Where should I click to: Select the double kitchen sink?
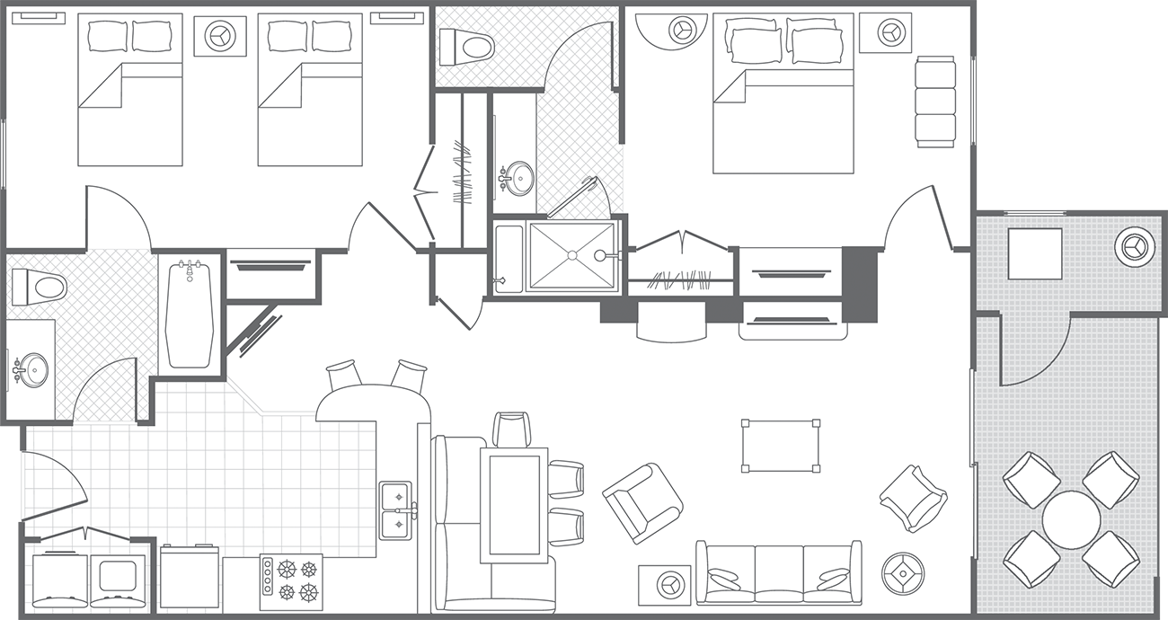tap(395, 510)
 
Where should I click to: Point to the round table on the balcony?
tap(1071, 519)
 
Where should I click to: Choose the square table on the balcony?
tap(1034, 253)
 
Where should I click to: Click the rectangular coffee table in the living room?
tap(780, 445)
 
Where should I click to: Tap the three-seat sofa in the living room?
tap(778, 573)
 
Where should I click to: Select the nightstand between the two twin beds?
tap(219, 36)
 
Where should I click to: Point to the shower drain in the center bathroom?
tap(571, 256)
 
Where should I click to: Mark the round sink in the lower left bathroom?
tap(34, 369)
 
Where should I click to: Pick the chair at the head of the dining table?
tap(512, 430)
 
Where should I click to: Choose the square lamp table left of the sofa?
tap(666, 584)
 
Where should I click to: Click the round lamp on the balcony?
tap(1133, 244)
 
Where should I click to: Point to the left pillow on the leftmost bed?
tap(109, 36)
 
